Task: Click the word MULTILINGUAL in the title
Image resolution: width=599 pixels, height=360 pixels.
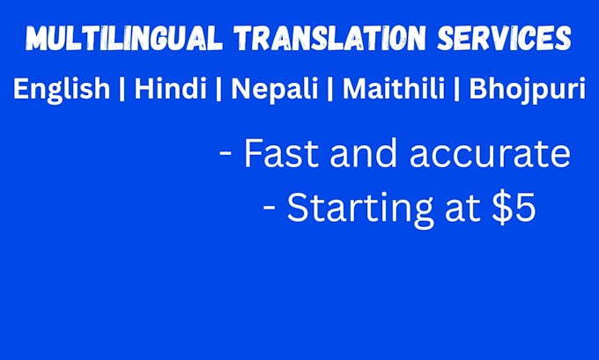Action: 124,38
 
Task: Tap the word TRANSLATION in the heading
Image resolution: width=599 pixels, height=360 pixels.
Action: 330,38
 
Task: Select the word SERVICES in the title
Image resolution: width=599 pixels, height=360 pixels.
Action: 504,38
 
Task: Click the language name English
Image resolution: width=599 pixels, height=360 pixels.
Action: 62,89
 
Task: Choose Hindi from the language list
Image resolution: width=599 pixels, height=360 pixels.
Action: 170,88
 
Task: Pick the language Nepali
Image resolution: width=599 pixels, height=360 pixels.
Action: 275,89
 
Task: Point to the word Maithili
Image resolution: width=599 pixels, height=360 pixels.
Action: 394,88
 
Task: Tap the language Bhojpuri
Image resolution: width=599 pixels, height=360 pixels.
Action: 527,89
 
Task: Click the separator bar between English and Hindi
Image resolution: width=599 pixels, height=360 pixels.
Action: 122,89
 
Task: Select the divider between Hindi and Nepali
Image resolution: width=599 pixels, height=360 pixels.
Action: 218,89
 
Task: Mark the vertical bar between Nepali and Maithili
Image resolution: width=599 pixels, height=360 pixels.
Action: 330,89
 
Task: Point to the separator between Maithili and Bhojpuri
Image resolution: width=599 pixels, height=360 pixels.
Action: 456,89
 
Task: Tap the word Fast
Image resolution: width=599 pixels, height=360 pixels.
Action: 281,153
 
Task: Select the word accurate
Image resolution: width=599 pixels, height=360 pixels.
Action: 490,155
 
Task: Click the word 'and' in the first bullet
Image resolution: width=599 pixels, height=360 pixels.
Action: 363,153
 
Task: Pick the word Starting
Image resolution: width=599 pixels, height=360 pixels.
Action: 360,209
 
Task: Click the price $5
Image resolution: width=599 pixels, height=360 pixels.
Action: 514,208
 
